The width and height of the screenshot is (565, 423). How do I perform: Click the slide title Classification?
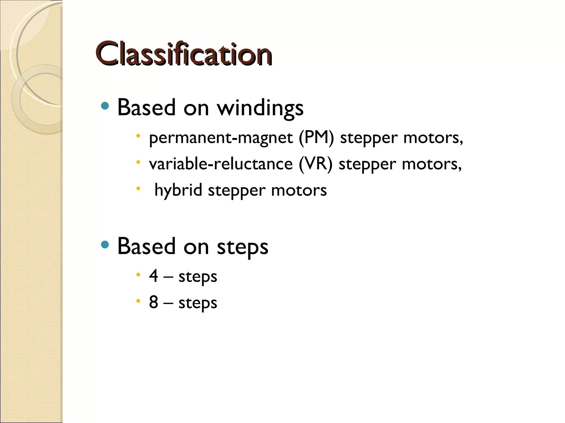pos(184,54)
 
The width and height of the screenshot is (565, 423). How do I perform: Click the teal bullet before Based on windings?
pos(105,106)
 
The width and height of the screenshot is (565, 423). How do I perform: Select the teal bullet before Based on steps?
pos(105,245)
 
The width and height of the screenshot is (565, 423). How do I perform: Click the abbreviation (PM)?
pos(316,138)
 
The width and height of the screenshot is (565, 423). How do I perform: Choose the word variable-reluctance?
pos(221,164)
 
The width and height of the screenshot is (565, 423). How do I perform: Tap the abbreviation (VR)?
pos(316,164)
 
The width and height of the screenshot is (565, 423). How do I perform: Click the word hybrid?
pos(178,190)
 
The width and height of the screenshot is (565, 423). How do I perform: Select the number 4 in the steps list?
pos(154,276)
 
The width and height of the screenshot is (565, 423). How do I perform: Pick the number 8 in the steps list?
pos(154,302)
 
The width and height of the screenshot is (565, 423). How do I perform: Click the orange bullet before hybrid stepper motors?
pos(138,189)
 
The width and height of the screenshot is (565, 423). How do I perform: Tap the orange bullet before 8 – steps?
pos(138,301)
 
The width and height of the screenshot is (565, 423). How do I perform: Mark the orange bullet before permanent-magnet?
pos(138,136)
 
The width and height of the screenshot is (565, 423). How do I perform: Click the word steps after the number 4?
pos(198,276)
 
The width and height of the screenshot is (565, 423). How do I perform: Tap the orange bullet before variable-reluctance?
pos(138,162)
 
